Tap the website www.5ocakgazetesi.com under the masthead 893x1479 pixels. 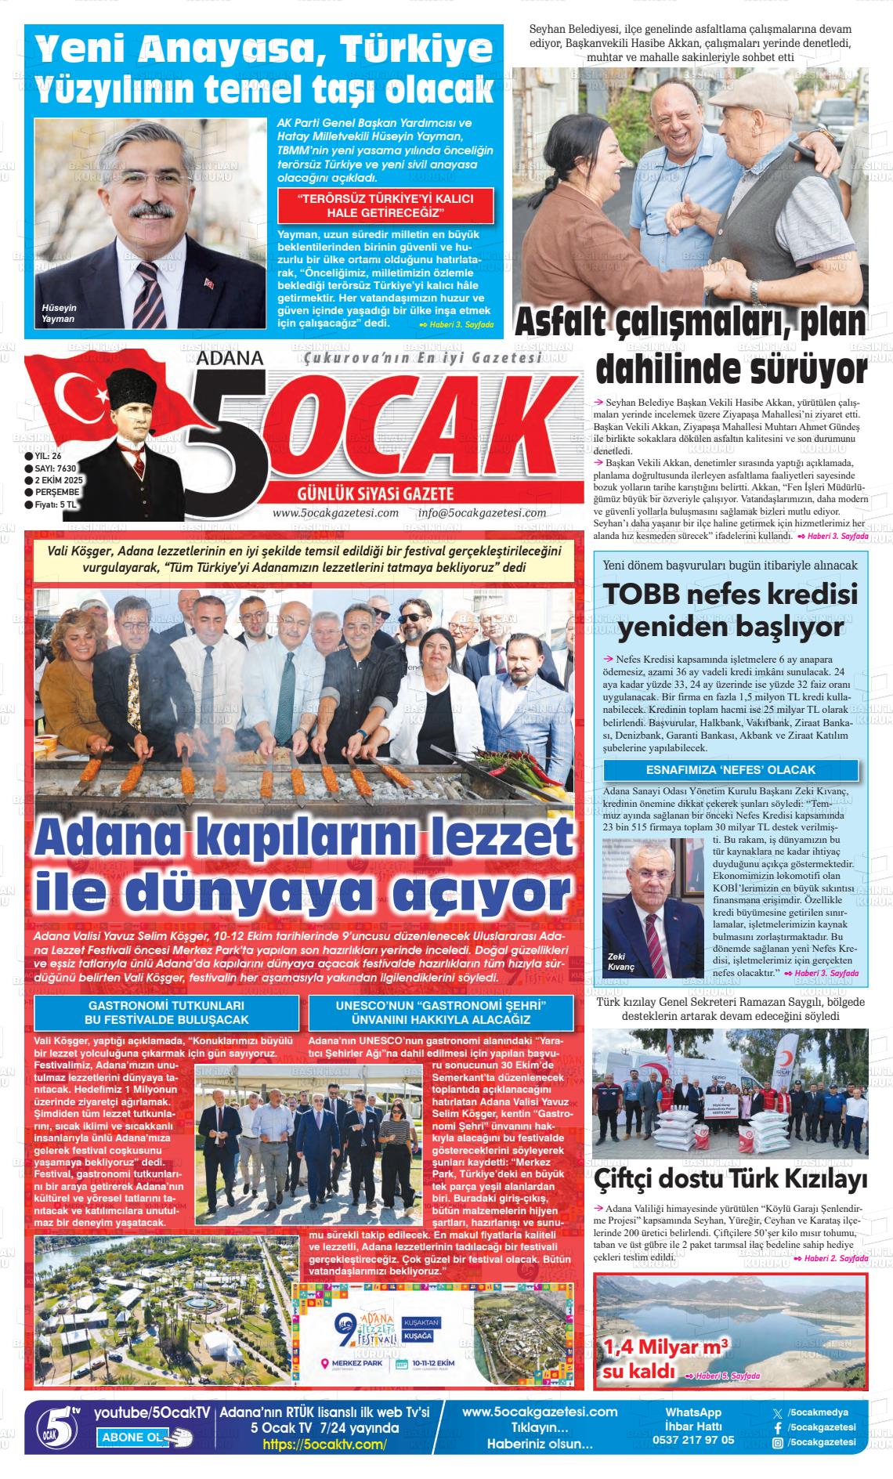[335, 513]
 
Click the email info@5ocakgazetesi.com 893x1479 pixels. [482, 513]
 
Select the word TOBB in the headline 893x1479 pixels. [644, 597]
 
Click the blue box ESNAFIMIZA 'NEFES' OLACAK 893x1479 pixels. [730, 770]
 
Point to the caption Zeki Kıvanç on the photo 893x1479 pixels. [620, 962]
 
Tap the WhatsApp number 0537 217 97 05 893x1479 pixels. [693, 1440]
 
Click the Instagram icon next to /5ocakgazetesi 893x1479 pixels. [777, 1442]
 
